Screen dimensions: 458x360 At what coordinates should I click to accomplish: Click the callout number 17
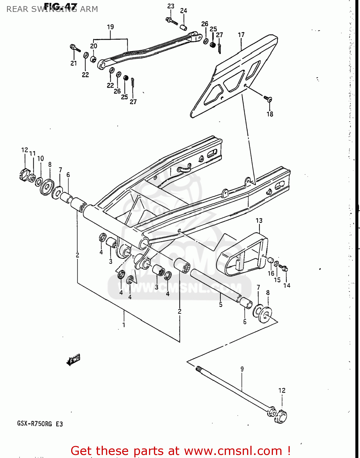click(x=241, y=35)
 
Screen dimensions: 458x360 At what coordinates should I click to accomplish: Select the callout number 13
click(x=259, y=220)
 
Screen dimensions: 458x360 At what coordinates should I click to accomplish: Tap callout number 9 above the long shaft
click(x=242, y=369)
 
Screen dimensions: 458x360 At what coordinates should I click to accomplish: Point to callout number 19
click(x=110, y=27)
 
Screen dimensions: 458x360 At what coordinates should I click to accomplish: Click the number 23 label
click(x=171, y=6)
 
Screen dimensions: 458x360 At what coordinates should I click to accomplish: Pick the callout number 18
click(x=270, y=114)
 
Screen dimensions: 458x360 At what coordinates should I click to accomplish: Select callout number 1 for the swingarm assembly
click(x=124, y=325)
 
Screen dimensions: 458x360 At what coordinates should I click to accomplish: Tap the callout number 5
click(x=220, y=304)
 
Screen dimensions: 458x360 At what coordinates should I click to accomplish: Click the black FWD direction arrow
click(x=73, y=360)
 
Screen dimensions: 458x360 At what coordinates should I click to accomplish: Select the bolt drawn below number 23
click(x=172, y=21)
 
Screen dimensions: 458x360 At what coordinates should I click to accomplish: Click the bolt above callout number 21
click(x=75, y=48)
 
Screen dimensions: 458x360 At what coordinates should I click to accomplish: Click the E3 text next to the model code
click(x=59, y=424)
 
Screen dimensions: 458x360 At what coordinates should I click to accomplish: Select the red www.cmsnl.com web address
click(x=233, y=451)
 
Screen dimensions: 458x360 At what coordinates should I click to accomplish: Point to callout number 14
click(x=287, y=285)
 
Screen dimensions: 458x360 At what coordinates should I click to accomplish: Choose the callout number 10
click(x=41, y=158)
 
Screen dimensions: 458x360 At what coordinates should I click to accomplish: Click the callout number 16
click(x=271, y=273)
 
